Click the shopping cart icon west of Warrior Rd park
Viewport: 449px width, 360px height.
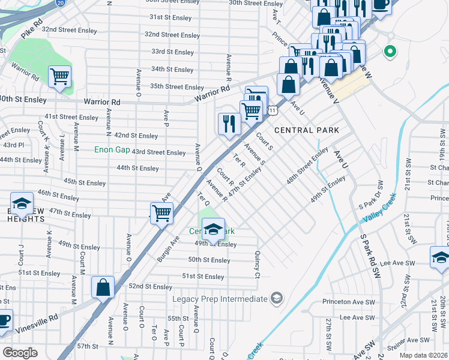click(60, 77)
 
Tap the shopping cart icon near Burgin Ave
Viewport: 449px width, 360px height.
click(161, 212)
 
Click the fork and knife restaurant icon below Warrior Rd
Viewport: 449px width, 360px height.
click(229, 124)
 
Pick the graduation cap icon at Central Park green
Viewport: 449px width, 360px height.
click(212, 229)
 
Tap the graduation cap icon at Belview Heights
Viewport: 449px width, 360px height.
click(22, 203)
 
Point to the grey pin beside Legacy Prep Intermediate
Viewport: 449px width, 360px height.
click(276, 298)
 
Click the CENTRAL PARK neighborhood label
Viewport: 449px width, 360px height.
click(307, 130)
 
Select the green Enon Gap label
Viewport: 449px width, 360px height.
click(112, 149)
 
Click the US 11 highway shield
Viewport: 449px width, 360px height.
click(273, 110)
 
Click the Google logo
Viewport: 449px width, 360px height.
click(20, 353)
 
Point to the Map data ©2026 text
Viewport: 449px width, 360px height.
click(423, 355)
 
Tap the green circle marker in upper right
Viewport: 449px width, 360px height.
click(390, 52)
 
